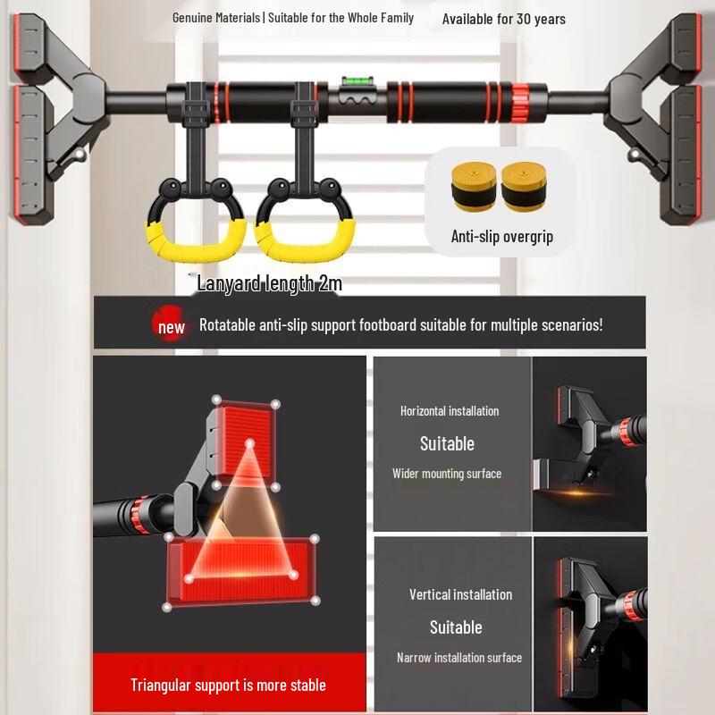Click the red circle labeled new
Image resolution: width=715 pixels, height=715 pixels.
coord(171,326)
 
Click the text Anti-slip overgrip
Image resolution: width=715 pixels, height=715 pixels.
coord(502,237)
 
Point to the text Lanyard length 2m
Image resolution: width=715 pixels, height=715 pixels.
coord(269,283)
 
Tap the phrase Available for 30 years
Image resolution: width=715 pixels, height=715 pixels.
coord(503,19)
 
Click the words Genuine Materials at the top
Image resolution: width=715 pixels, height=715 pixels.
coord(215,17)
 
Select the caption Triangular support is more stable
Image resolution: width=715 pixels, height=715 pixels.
coord(228,686)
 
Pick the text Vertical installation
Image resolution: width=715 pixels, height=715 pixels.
coord(460,594)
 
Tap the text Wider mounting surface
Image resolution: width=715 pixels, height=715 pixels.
coord(447,474)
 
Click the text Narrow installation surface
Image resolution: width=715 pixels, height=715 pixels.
coord(459,658)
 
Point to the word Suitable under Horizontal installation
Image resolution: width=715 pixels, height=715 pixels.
coord(447,443)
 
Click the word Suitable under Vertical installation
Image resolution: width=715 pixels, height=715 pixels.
coord(456,627)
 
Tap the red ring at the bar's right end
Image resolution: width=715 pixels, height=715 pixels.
coord(518,95)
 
